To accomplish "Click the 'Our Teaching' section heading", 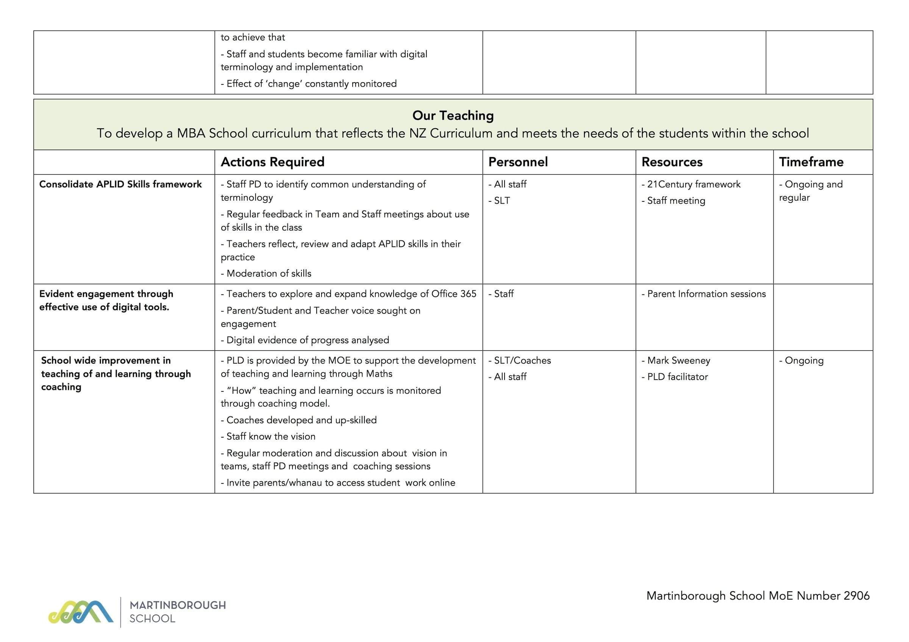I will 453,115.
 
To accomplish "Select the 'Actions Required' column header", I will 272,162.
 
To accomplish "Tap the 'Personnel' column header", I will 518,162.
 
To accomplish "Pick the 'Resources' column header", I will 672,162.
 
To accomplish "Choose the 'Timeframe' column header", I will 811,162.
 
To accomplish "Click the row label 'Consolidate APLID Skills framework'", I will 120,184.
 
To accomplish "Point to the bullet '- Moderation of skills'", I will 266,273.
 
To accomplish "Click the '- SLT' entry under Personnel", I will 499,201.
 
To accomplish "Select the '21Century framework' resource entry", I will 693,184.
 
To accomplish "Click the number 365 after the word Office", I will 468,294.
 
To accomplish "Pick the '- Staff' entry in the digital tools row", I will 501,294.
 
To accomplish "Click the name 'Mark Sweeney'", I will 679,360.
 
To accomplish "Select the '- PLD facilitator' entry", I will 675,377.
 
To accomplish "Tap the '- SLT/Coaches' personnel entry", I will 519,360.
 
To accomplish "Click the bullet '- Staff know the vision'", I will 268,436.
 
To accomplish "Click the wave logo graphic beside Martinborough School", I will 81,612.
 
